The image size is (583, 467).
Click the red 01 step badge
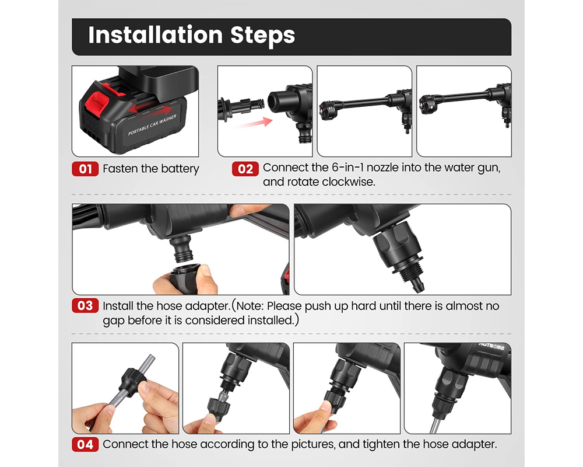(85, 169)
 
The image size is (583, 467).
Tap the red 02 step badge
(245, 169)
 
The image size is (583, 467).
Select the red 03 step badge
(85, 306)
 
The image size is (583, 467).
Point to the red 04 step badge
(85, 444)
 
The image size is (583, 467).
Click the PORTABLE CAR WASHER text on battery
(152, 125)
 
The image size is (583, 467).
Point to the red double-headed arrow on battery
(150, 109)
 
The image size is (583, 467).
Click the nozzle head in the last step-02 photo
(426, 106)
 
